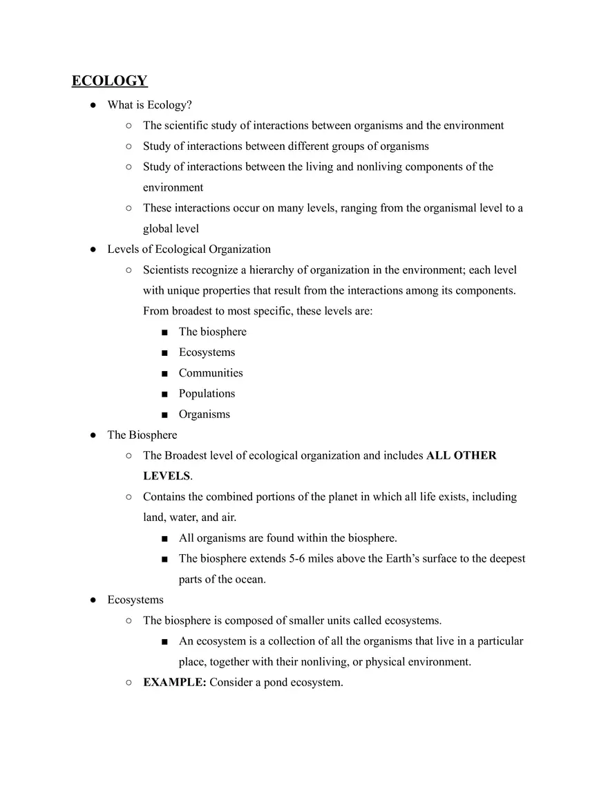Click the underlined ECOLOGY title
tap(109, 81)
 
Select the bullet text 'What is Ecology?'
tap(149, 105)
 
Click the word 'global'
tap(158, 229)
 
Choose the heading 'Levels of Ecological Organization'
tap(189, 249)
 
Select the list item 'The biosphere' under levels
tap(212, 332)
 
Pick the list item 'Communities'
tap(211, 373)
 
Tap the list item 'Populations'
tap(207, 394)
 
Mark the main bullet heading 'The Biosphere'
tap(142, 435)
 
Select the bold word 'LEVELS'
tap(166, 477)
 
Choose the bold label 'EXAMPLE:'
tap(174, 683)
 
